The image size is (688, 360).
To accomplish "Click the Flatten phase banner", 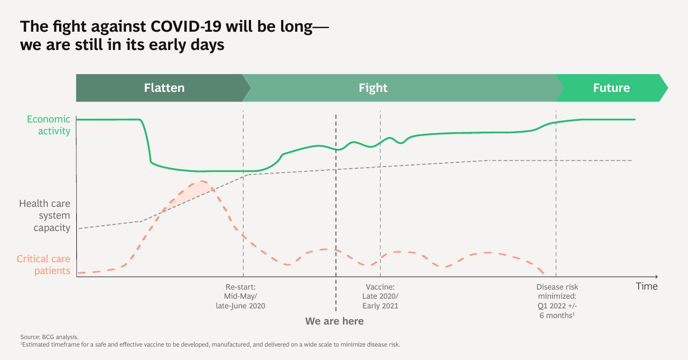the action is (x=163, y=88).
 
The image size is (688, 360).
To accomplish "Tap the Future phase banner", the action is (x=611, y=88).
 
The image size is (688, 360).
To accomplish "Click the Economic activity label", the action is (x=48, y=125).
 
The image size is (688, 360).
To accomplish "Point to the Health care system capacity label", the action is (x=45, y=215).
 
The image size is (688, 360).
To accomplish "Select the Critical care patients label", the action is (x=44, y=265).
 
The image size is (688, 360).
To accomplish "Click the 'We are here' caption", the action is (x=334, y=321).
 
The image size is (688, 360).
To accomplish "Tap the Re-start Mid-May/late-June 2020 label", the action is (x=240, y=297).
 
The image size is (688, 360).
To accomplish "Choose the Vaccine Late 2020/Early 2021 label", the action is (x=380, y=297).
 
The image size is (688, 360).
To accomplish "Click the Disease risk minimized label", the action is (x=557, y=301).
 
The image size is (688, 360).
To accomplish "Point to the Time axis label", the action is (x=647, y=286).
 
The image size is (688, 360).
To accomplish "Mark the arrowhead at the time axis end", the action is (x=656, y=277).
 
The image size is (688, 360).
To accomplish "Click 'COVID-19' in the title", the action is (x=186, y=26).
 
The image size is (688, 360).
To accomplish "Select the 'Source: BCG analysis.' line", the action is (x=49, y=337).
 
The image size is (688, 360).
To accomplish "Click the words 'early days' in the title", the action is (x=187, y=45).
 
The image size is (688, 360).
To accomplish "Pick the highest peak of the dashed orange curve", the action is (x=201, y=181).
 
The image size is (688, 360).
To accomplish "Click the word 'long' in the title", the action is (x=296, y=27).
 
